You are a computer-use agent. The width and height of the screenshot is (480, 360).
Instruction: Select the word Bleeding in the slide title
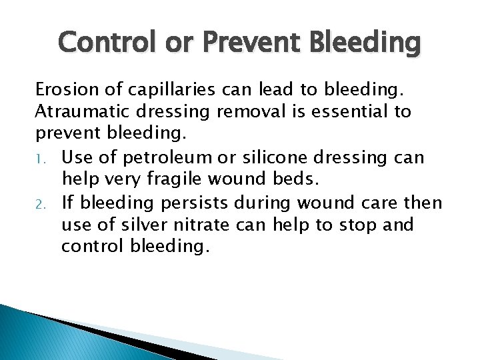click(365, 44)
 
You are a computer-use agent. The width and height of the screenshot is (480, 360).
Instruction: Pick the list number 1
click(41, 157)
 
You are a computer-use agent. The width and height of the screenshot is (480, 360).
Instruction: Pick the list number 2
click(41, 203)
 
